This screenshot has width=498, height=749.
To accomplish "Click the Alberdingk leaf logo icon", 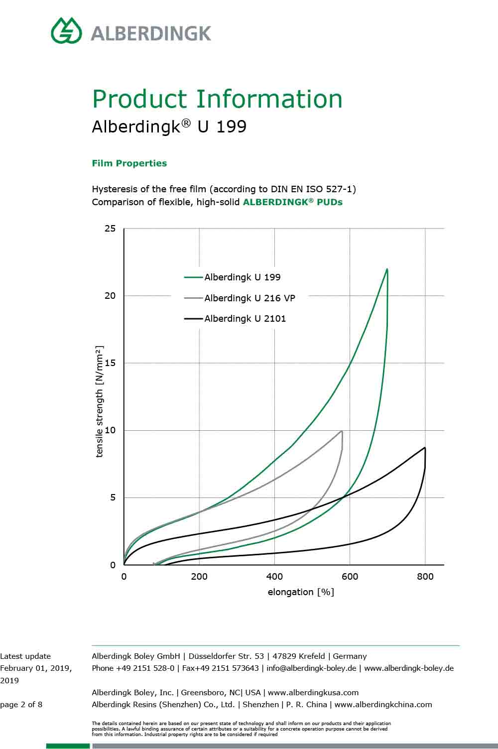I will pos(66,30).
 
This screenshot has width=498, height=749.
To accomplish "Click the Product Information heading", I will pos(217,99).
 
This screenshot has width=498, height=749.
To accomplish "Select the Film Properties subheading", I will pos(129,163).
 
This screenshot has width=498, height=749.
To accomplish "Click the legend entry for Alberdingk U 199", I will pos(242,277).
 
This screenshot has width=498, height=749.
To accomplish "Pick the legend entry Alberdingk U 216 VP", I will pos(249,298).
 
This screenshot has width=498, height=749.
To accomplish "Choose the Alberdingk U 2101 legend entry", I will pos(245,319).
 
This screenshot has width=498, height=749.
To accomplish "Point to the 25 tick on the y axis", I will pos(110,229).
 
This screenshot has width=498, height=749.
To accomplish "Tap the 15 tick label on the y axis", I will pos(110,363).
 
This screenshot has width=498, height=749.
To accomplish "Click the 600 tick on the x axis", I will pos(350,577).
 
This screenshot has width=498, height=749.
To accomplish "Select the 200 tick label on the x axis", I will pos(199,577).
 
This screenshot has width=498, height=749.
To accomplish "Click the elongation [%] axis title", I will pos(301,592).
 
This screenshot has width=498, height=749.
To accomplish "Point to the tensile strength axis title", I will pos(100,401).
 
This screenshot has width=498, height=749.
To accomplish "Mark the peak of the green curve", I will pos(387,269).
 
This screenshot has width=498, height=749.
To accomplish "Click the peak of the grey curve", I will pos(342,431).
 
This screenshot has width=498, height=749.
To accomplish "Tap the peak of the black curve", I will pos(425,448).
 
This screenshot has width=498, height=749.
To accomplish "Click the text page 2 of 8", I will pos(21,705).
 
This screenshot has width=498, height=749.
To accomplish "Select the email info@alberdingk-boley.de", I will pos(311,668).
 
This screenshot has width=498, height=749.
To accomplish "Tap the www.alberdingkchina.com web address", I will pos(383,705).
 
